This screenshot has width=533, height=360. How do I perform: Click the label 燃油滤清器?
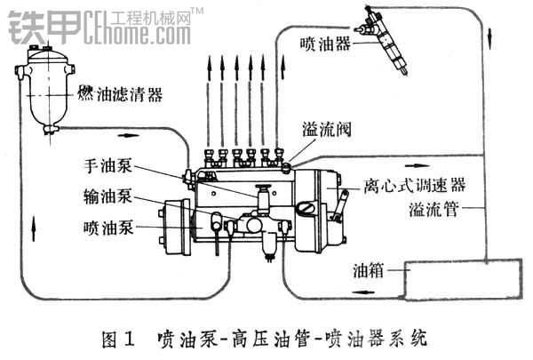click(x=120, y=94)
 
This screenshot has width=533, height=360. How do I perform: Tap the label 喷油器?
click(x=325, y=44)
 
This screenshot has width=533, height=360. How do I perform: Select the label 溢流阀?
click(x=327, y=130)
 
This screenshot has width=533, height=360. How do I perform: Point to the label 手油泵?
click(x=108, y=166)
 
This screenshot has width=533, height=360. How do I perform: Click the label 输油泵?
click(x=108, y=196)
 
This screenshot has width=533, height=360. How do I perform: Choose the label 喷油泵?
click(x=108, y=228)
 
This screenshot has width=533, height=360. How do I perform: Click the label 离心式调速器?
click(x=414, y=186)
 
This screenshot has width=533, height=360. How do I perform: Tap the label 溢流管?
click(x=434, y=209)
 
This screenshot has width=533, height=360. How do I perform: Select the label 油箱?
click(x=369, y=270)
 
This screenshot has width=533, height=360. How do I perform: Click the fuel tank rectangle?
click(x=463, y=279)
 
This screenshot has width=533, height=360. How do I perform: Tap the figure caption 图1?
click(x=118, y=340)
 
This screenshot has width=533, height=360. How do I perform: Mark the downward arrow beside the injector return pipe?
click(x=489, y=38)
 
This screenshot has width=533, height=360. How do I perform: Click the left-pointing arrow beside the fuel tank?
click(x=363, y=292)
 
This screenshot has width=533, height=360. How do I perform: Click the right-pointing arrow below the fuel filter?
click(x=128, y=135)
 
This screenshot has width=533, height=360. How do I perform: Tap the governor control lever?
click(x=339, y=207)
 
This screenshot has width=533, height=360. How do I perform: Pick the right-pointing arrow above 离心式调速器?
click(x=418, y=165)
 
